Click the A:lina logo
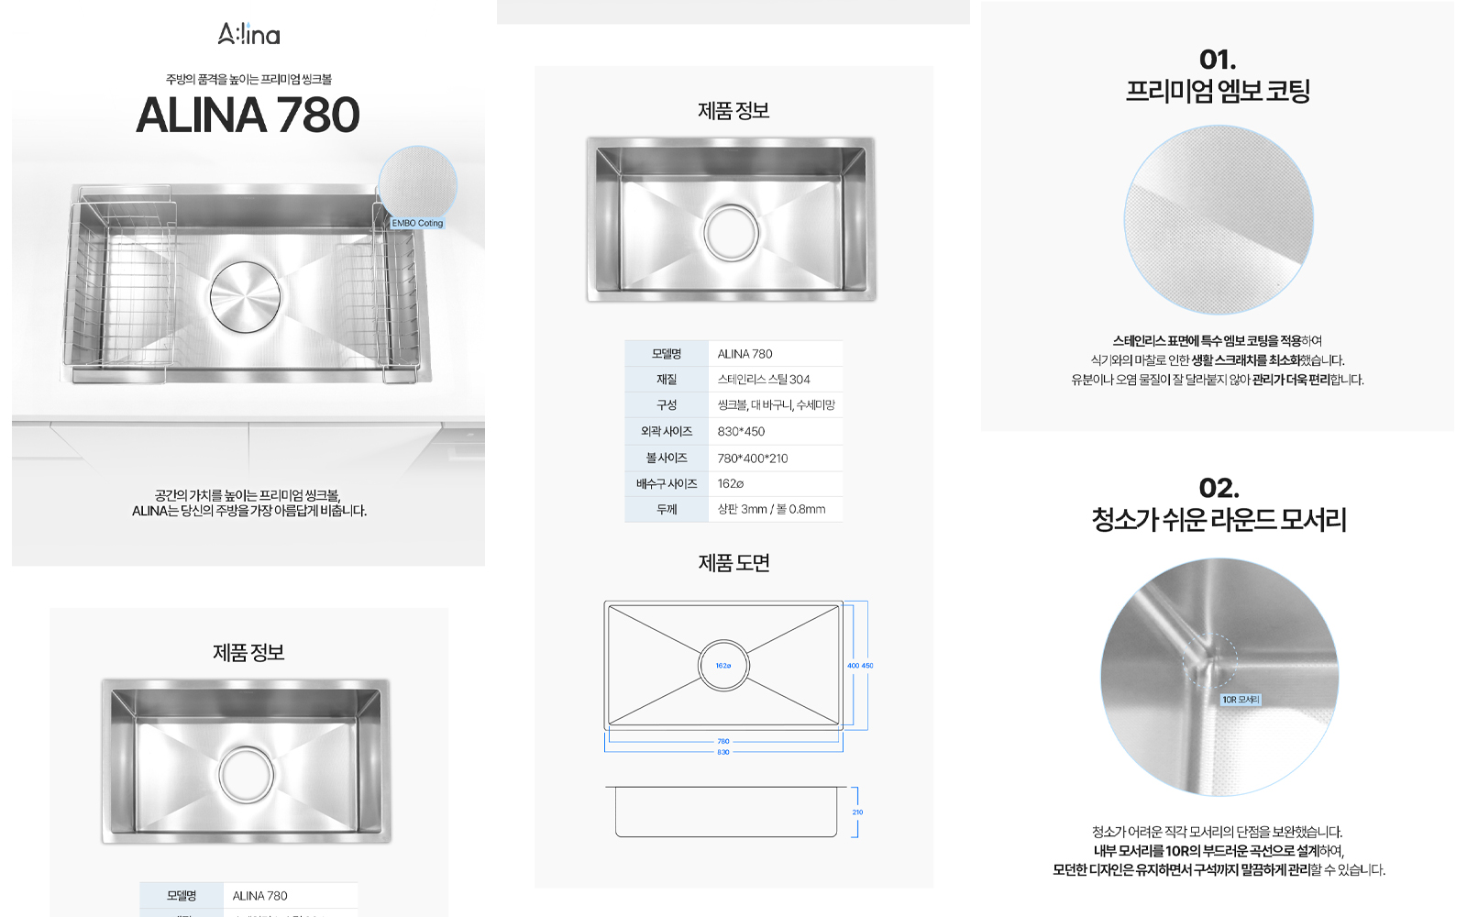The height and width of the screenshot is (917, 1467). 248,35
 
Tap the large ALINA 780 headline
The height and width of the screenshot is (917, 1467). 248,116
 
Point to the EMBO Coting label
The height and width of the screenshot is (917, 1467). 417,223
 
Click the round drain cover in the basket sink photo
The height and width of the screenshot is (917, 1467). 245,297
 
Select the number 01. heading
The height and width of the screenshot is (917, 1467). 1218,60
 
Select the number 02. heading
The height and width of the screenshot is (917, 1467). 1219,488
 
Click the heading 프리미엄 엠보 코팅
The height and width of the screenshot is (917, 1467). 1218,92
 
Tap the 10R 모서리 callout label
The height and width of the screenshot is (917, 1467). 1241,700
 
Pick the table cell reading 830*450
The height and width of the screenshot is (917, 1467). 741,432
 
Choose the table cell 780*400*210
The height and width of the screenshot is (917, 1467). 753,458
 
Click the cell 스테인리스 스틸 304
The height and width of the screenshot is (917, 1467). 764,380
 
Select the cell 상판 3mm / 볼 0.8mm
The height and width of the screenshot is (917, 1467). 771,510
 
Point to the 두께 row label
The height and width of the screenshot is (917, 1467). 667,510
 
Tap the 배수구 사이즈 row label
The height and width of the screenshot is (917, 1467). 667,484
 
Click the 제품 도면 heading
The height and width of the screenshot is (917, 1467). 733,563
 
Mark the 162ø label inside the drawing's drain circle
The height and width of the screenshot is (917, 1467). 723,666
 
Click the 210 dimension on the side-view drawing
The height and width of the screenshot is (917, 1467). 857,812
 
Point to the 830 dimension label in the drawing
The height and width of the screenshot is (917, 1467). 723,752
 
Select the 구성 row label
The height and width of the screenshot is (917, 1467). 667,405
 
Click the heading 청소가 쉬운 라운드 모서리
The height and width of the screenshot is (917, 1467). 1219,520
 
